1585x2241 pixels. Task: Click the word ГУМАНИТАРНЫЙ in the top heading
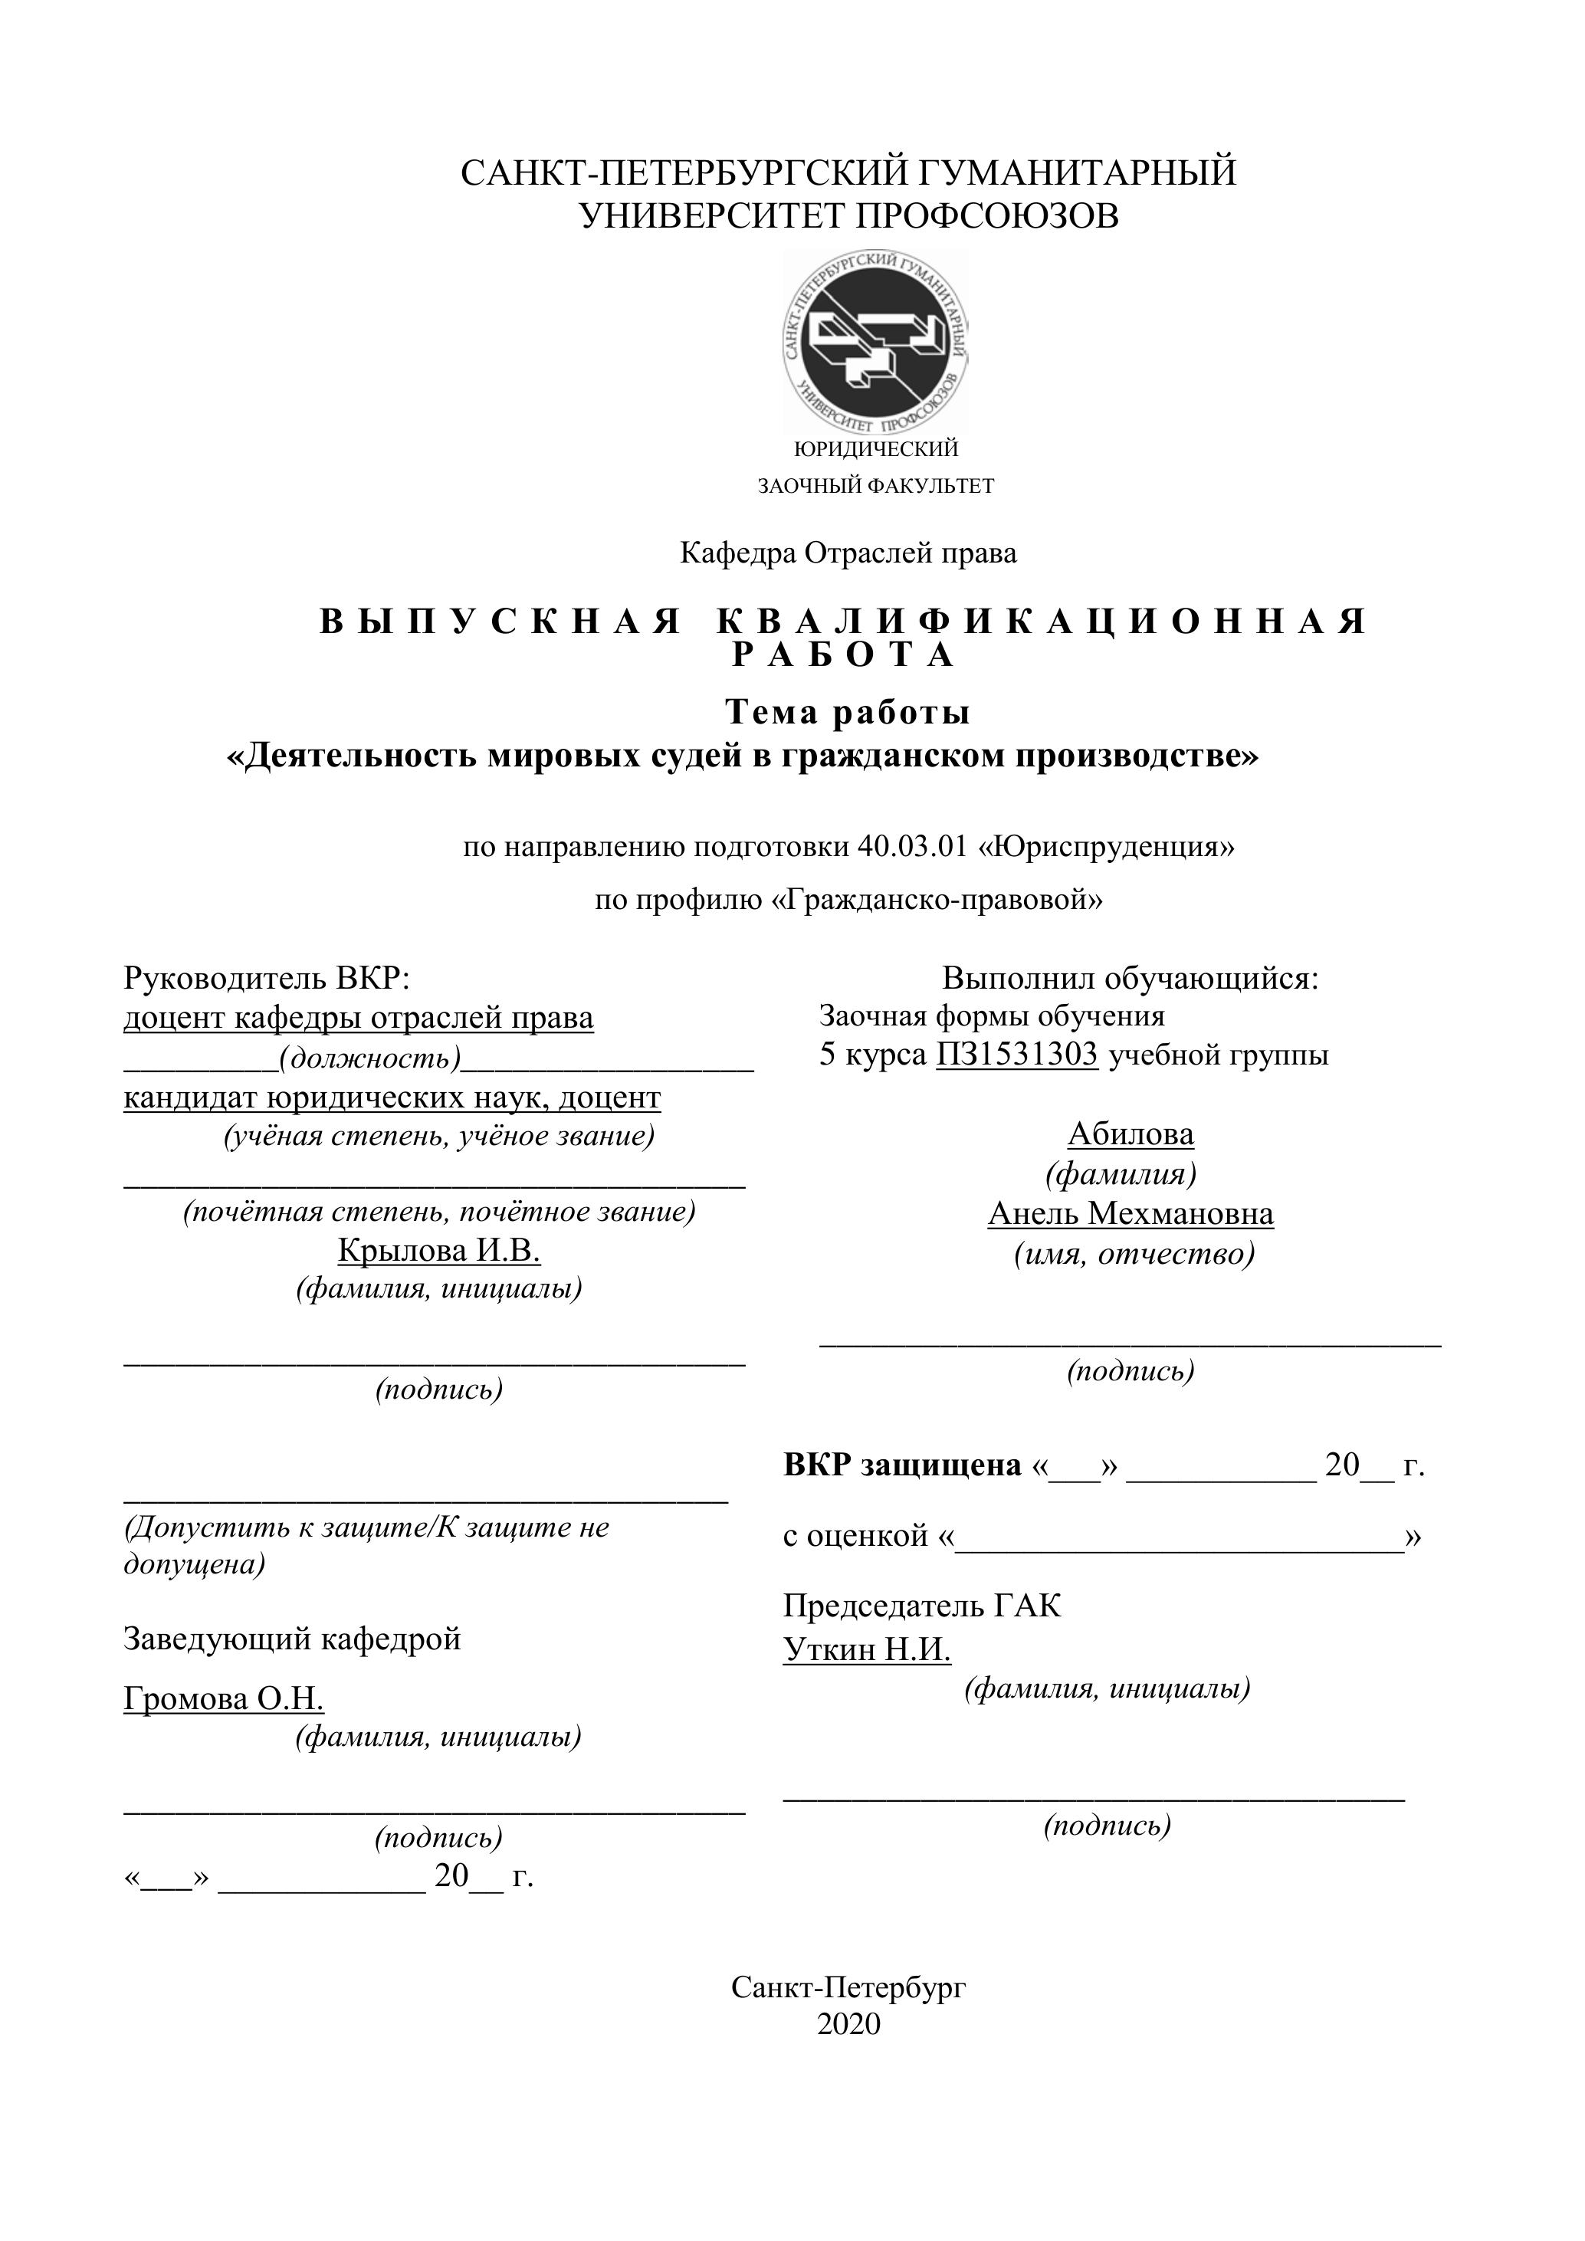coord(1077,172)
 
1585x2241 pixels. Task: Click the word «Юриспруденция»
coord(1107,846)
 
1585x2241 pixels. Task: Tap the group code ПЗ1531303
coord(1017,1055)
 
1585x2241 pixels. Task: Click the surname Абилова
coord(1131,1134)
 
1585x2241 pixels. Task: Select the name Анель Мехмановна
coord(1131,1214)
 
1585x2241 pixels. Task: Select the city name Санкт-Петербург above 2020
coord(848,1987)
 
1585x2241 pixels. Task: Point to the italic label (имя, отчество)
coord(1134,1253)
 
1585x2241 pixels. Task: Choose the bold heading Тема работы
coord(847,713)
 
